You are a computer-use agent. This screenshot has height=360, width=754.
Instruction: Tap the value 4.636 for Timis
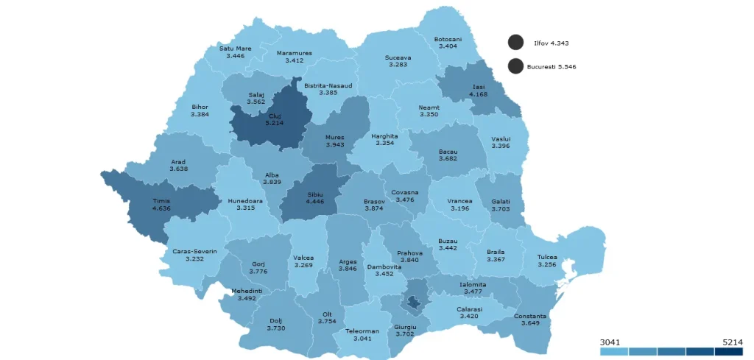(x=161, y=208)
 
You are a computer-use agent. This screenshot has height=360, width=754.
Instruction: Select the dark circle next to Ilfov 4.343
(x=515, y=43)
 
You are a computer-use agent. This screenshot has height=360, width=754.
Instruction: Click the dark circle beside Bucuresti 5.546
(x=515, y=66)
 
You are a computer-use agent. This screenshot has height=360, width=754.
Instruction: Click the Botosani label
(x=448, y=39)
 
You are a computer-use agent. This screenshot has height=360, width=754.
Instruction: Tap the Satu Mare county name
(x=235, y=49)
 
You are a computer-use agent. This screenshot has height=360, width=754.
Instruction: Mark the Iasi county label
(x=479, y=87)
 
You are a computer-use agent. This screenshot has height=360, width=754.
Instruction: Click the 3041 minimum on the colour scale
(x=610, y=342)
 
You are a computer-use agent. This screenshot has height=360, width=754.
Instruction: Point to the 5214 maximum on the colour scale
(x=732, y=342)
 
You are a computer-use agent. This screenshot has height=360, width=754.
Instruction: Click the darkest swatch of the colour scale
(x=729, y=352)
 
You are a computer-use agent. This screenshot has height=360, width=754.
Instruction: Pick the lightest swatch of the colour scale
(x=614, y=352)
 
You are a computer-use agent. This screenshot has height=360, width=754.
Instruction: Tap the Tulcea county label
(x=547, y=257)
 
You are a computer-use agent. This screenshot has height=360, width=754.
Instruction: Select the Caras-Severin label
(x=194, y=251)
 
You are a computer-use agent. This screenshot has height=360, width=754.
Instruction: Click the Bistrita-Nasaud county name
(x=328, y=85)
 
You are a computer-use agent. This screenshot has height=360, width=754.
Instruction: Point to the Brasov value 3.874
(x=374, y=208)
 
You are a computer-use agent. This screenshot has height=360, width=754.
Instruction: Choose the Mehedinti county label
(x=247, y=291)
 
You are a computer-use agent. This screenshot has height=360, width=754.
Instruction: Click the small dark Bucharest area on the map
(x=414, y=300)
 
